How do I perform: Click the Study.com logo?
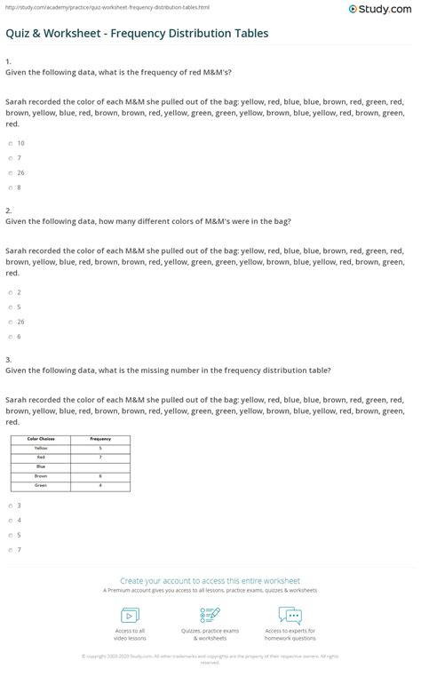[384, 9]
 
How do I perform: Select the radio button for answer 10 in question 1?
[10, 143]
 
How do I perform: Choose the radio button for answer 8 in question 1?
[10, 187]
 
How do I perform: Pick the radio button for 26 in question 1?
[10, 172]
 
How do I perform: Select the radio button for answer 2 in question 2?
[10, 292]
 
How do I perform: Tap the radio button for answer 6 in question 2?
[10, 337]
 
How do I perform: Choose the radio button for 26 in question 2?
[10, 322]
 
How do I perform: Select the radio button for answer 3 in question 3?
[10, 506]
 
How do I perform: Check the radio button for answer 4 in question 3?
[10, 521]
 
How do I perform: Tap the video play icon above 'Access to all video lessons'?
[130, 615]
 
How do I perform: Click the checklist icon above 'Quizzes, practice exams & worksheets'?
[210, 615]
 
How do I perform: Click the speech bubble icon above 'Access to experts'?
[290, 615]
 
